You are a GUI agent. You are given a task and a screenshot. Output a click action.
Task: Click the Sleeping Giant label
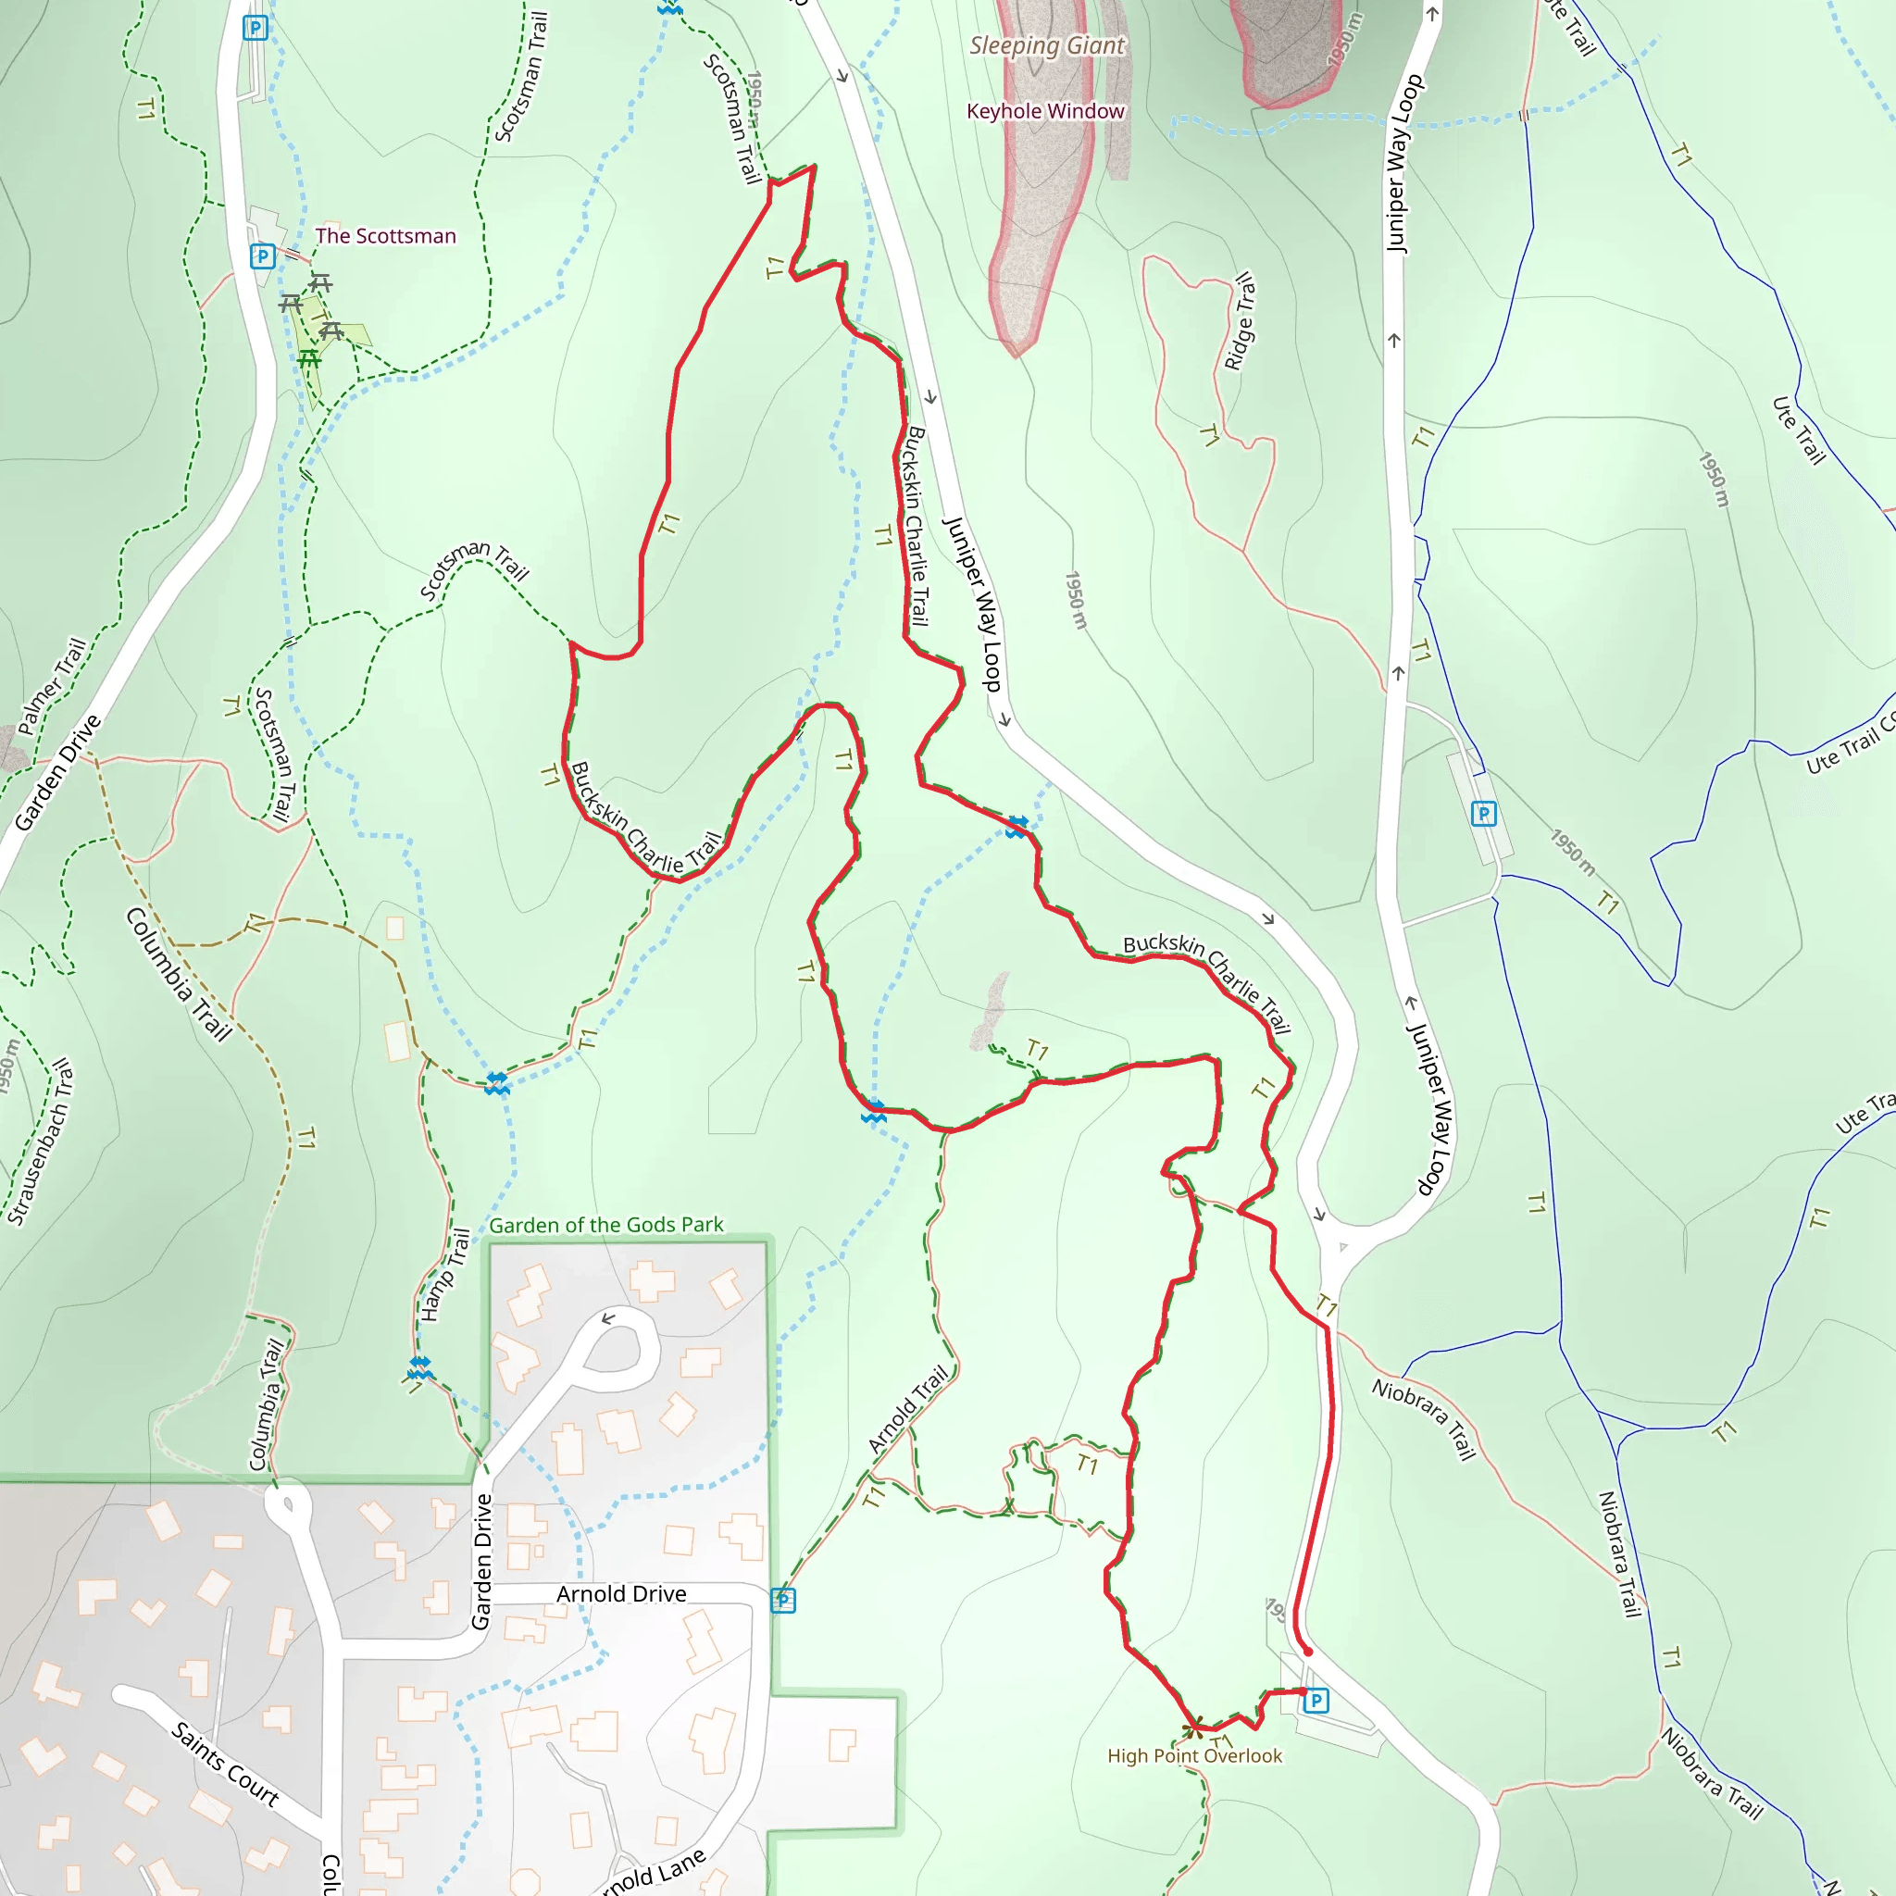pyautogui.click(x=1046, y=45)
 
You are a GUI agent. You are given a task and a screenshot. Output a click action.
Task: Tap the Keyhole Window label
pyautogui.click(x=1045, y=111)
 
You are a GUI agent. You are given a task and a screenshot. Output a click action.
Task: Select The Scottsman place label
pyautogui.click(x=386, y=235)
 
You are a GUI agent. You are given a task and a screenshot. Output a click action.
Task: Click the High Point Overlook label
pyautogui.click(x=1194, y=1755)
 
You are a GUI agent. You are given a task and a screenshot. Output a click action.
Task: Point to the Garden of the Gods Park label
pyautogui.click(x=606, y=1225)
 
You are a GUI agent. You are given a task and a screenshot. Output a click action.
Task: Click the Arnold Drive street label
pyautogui.click(x=621, y=1594)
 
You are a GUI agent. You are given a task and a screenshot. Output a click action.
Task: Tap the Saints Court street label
pyautogui.click(x=226, y=1764)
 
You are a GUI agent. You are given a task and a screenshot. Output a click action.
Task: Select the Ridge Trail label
pyautogui.click(x=1240, y=321)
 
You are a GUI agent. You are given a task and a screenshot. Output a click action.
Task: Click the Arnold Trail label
pyautogui.click(x=909, y=1409)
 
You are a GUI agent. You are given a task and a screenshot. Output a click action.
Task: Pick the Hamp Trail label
pyautogui.click(x=444, y=1275)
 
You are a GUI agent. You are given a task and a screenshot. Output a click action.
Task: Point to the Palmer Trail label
pyautogui.click(x=52, y=686)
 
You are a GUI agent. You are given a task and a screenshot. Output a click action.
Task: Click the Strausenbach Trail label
pyautogui.click(x=40, y=1141)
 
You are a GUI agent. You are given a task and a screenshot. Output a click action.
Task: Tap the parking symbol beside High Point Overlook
pyautogui.click(x=1316, y=1700)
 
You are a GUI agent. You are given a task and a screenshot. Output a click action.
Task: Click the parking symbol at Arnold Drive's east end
pyautogui.click(x=783, y=1601)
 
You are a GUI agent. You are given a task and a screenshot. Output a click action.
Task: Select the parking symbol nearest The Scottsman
pyautogui.click(x=262, y=256)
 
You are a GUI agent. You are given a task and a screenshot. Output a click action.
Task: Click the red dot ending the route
pyautogui.click(x=1307, y=1652)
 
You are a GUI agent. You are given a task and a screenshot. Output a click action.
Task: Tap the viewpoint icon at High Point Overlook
pyautogui.click(x=1193, y=1727)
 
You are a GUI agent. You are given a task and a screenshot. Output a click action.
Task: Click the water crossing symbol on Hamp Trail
pyautogui.click(x=420, y=1367)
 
